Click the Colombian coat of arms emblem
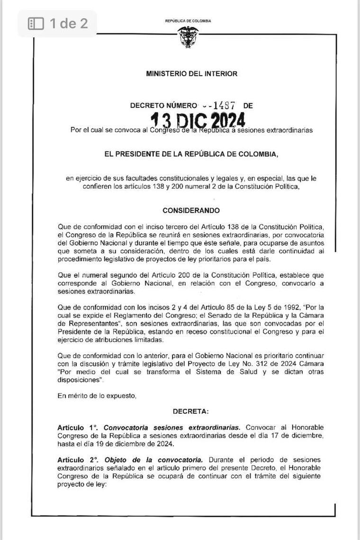pos(188,37)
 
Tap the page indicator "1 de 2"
pos(69,23)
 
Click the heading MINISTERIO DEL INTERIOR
pos(192,74)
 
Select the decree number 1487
pos(225,106)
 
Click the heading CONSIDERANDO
pos(191,210)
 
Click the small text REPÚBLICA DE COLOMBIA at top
pos(188,21)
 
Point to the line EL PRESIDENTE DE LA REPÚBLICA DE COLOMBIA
pos(191,154)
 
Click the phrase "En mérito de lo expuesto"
pos(97,396)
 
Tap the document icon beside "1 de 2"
pos(36,23)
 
